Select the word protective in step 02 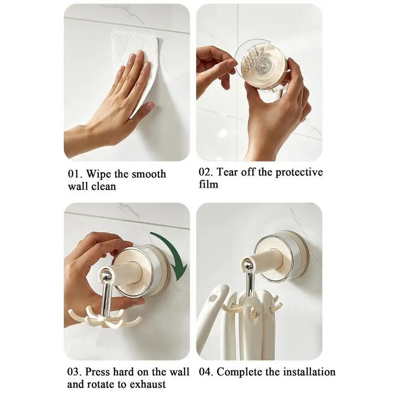point(299,172)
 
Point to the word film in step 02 point(208,185)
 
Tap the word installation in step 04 point(306,372)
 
